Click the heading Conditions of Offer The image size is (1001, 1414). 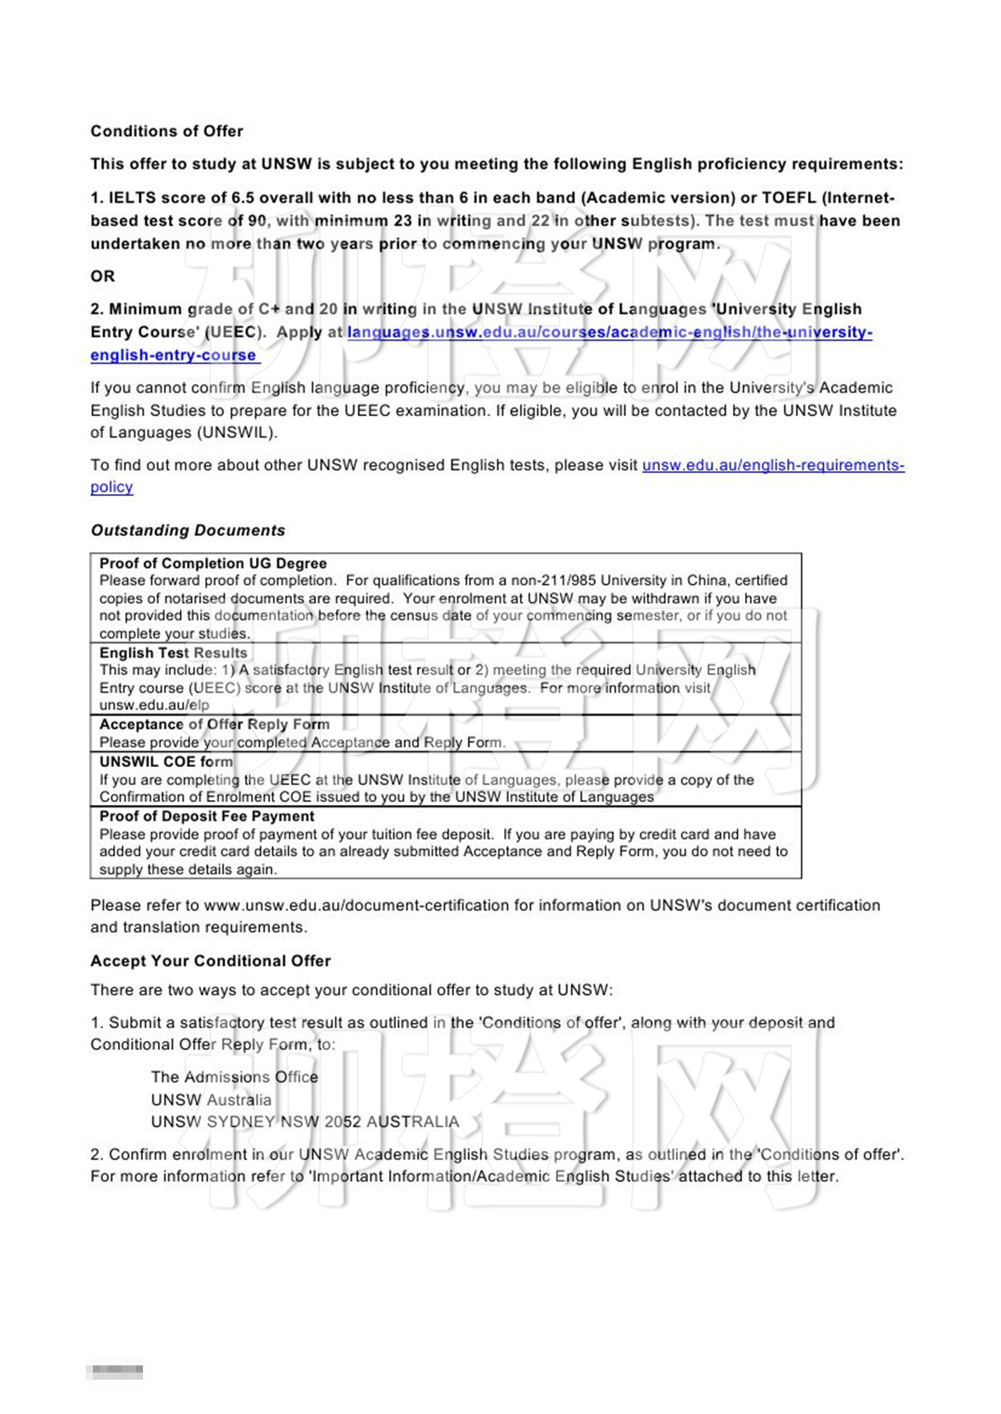click(x=167, y=132)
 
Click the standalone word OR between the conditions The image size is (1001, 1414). click(x=102, y=277)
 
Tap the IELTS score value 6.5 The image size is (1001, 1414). click(x=242, y=198)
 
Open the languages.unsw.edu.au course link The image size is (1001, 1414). click(x=609, y=332)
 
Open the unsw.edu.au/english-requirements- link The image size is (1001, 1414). click(x=773, y=465)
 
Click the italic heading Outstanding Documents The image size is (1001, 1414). click(x=188, y=530)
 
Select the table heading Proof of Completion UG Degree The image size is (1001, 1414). click(x=213, y=563)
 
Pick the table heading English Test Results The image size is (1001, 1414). click(x=173, y=653)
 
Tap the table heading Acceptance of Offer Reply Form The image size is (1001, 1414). click(x=214, y=724)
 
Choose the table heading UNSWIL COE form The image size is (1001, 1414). click(x=166, y=761)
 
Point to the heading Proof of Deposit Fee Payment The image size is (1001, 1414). click(x=207, y=816)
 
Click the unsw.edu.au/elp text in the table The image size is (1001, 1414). click(x=154, y=706)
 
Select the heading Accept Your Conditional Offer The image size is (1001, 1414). click(x=210, y=961)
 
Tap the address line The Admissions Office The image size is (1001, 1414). click(x=235, y=1077)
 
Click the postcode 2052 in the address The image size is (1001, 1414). click(x=342, y=1122)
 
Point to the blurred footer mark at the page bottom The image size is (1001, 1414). click(x=115, y=1372)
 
